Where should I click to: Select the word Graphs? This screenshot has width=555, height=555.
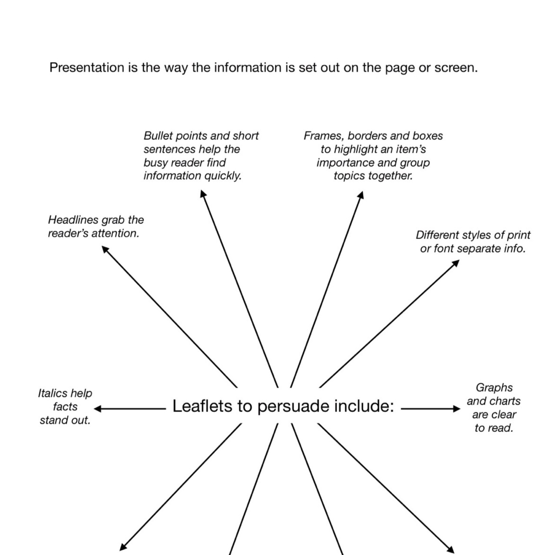[x=494, y=388]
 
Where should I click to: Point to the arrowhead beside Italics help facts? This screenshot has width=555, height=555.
[x=97, y=409]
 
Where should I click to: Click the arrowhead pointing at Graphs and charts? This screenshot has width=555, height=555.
[x=457, y=409]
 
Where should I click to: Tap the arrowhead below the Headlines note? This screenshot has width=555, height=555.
[x=105, y=249]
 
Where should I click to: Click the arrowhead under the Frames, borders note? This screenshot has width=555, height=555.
[x=361, y=195]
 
